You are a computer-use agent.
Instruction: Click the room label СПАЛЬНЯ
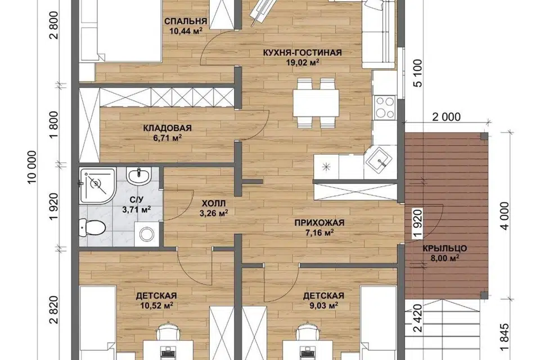click(x=186, y=21)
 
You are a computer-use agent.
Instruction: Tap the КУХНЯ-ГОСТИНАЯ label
click(x=303, y=53)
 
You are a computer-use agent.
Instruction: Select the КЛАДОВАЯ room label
click(x=167, y=128)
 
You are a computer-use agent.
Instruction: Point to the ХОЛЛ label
click(x=214, y=203)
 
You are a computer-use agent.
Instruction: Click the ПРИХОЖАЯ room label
click(x=319, y=223)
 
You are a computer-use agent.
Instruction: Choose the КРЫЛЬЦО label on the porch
click(x=444, y=248)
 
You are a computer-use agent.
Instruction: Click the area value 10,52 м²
click(x=156, y=305)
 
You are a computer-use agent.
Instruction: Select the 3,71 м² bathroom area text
click(x=137, y=209)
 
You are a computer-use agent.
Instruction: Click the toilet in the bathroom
click(x=92, y=227)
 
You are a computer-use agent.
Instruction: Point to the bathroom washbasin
click(x=138, y=175)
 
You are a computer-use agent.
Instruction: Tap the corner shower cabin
click(x=97, y=185)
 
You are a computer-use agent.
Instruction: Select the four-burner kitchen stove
click(x=385, y=107)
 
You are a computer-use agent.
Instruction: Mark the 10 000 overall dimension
click(x=31, y=167)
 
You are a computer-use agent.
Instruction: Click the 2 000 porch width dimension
click(x=446, y=117)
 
